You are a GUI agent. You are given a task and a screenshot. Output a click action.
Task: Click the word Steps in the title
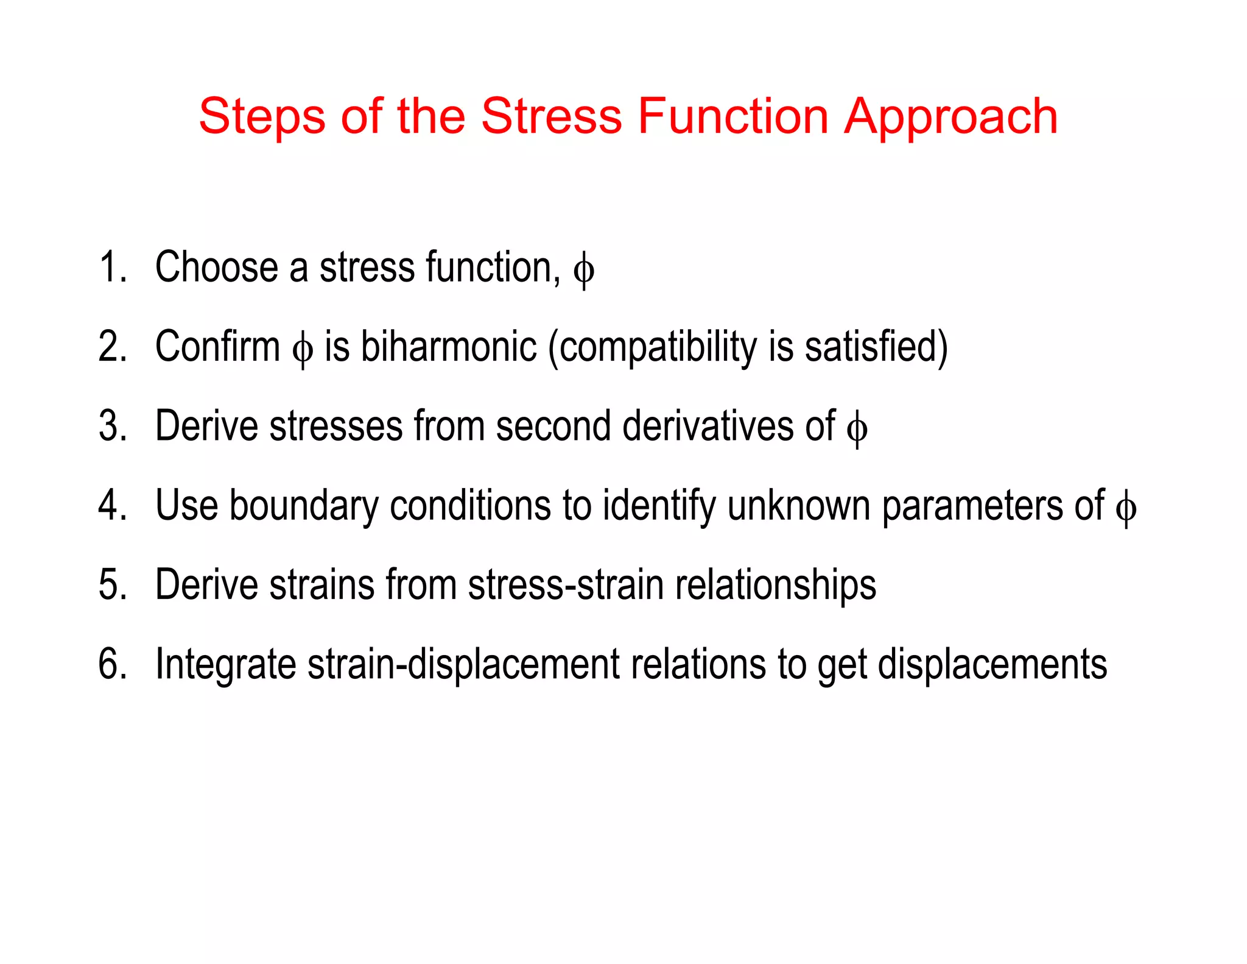[262, 116]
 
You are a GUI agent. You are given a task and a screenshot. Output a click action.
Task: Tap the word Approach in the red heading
[950, 116]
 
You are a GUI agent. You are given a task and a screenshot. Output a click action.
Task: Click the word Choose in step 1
[216, 268]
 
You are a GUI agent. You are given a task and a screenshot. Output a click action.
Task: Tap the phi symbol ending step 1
[583, 270]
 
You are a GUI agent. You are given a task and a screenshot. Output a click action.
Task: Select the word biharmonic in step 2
[449, 347]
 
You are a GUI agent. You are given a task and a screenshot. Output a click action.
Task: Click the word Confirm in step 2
[217, 347]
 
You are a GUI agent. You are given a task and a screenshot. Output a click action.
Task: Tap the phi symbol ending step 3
[857, 428]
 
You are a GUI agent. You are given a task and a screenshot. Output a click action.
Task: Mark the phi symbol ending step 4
[1126, 508]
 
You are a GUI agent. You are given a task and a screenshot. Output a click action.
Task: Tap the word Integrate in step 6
[225, 665]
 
